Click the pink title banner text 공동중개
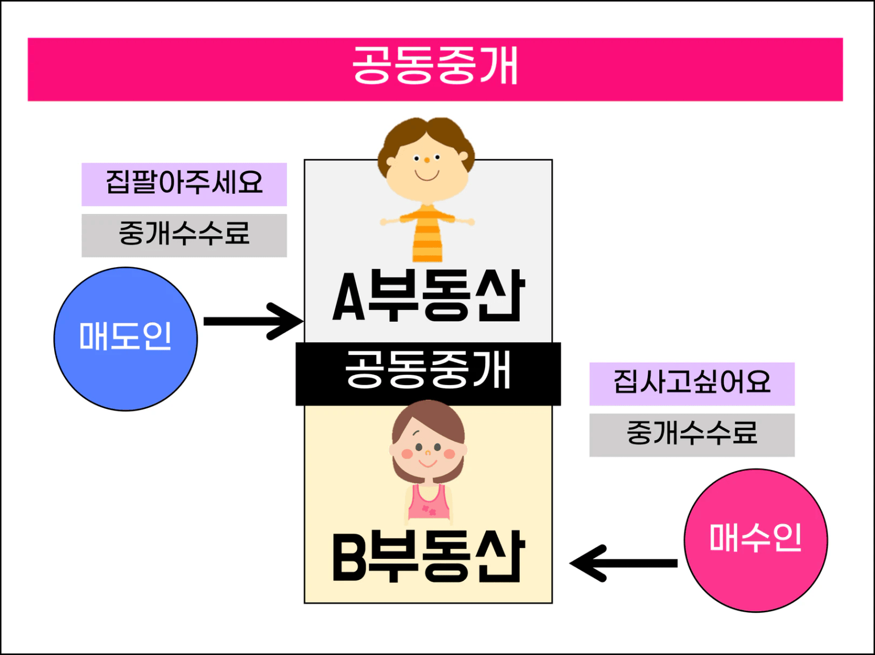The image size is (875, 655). click(x=435, y=65)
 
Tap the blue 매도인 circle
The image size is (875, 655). click(x=126, y=339)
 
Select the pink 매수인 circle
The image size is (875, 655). click(x=756, y=540)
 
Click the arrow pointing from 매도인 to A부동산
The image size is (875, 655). click(x=253, y=321)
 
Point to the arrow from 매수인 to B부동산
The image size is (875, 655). click(x=623, y=563)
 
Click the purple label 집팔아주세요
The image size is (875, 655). click(x=184, y=184)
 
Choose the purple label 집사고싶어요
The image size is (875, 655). click(x=692, y=383)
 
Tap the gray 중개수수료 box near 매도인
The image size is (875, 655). click(x=184, y=236)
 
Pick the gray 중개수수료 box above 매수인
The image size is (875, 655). click(x=692, y=435)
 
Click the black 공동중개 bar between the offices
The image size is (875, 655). click(x=428, y=374)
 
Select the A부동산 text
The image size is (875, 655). click(x=429, y=296)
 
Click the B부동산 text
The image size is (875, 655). click(x=429, y=556)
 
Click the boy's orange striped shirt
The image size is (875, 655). click(x=428, y=233)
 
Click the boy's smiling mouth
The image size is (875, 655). click(x=427, y=175)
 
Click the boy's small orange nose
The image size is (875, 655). click(x=427, y=160)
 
